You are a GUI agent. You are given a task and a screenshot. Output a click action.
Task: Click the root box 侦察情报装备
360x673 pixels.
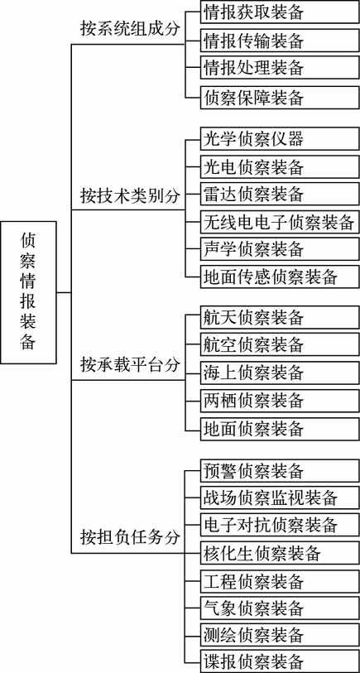29,292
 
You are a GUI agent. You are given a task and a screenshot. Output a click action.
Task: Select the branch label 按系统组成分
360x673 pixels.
131,29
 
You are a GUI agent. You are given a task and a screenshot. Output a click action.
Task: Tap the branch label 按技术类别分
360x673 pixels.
131,195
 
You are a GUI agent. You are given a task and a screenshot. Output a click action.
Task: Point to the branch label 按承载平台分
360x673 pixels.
131,365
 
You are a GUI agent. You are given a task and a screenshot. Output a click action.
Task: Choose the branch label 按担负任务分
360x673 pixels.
131,536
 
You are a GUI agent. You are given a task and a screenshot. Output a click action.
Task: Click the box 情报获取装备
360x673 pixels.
280,12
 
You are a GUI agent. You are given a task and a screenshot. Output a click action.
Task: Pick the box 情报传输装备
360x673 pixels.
280,41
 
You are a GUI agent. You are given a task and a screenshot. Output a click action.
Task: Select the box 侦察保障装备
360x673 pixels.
280,98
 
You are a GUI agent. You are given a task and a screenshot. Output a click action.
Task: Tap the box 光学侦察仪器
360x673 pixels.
280,138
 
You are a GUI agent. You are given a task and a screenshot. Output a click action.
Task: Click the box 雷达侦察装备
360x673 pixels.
280,194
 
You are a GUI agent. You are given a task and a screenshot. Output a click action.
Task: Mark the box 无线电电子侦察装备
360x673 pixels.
280,222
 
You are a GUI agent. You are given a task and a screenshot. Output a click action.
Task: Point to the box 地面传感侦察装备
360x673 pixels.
280,277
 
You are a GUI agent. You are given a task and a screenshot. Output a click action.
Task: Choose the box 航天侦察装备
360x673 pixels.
280,317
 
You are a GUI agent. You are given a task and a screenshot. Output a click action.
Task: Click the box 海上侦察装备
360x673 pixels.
280,373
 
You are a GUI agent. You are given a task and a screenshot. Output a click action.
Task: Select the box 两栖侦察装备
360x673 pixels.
280,401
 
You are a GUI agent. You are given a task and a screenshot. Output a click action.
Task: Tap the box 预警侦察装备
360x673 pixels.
280,470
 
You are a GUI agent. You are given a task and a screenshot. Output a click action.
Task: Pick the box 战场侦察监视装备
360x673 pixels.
280,498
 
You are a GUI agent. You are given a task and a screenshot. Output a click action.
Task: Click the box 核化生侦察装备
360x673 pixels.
280,553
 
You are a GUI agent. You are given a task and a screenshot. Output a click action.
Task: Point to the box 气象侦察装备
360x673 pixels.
280,608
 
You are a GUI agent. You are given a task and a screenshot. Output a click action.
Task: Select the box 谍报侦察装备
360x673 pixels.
280,661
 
